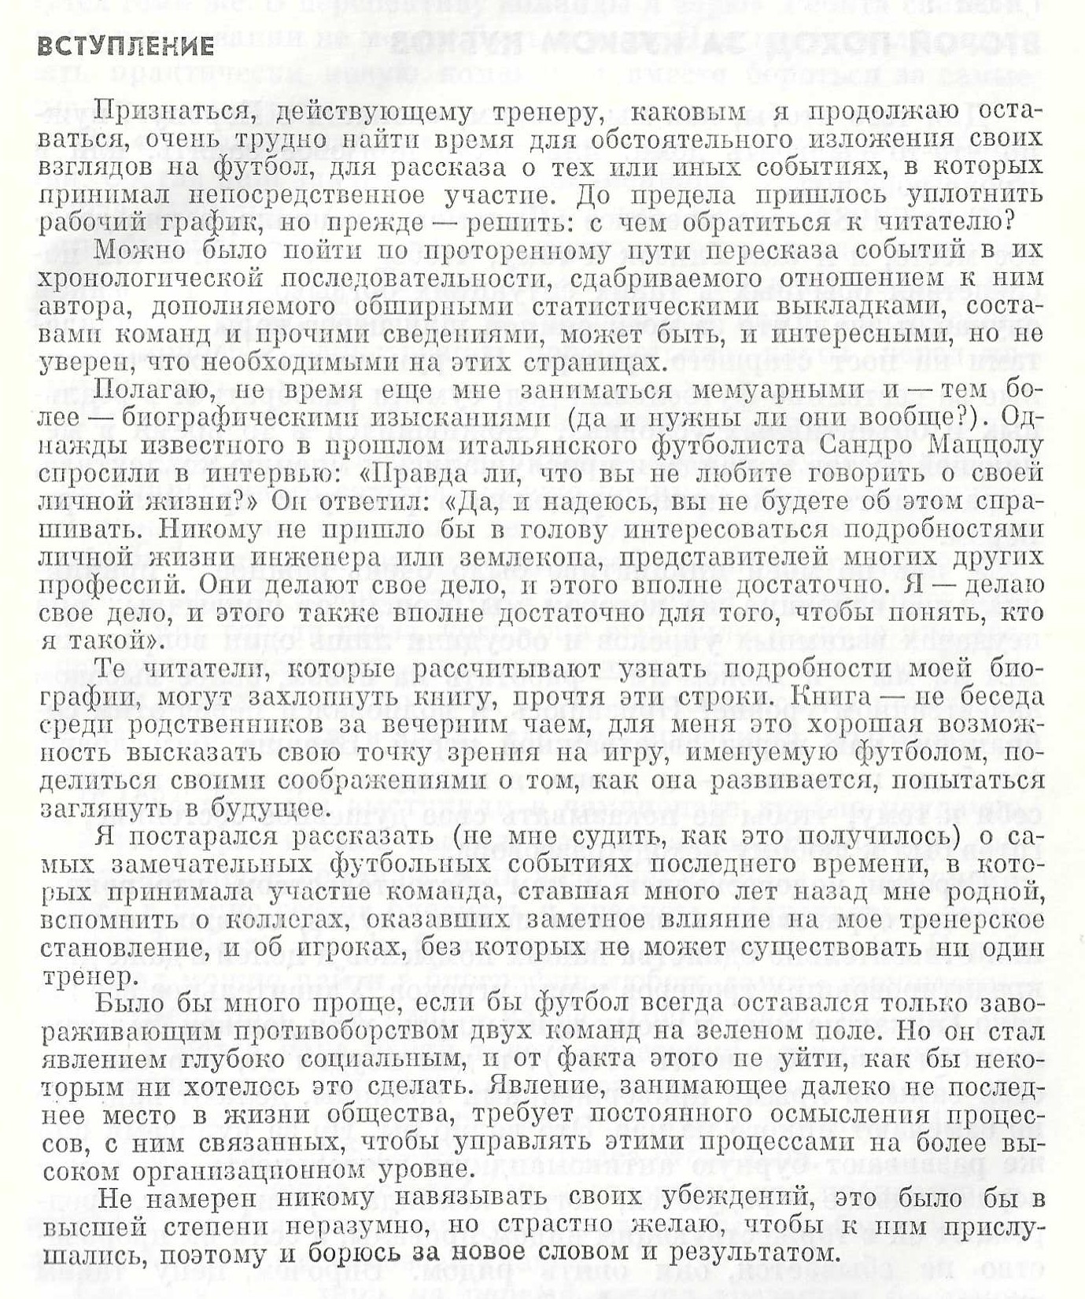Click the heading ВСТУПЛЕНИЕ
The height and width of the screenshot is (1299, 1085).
(126, 46)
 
